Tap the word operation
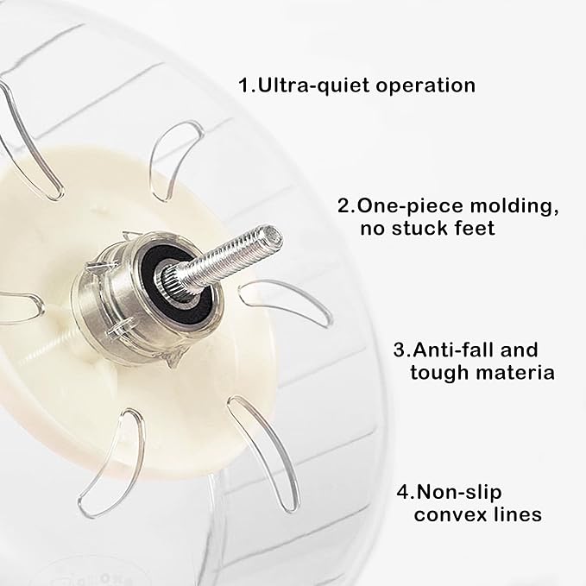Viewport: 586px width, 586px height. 425,86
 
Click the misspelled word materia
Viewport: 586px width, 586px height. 509,373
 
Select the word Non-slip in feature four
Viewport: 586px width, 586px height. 459,493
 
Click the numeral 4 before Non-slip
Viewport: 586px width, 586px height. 404,493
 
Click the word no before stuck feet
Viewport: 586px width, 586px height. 373,229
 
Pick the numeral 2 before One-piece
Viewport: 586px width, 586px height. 343,206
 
